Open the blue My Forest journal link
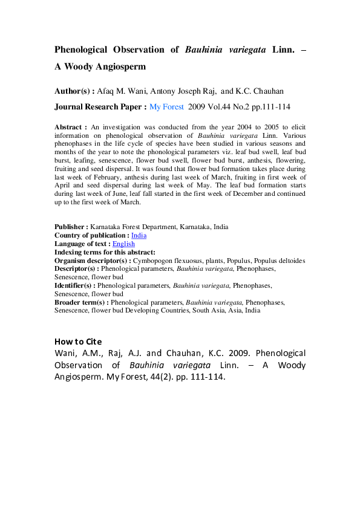pos(167,106)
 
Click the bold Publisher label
pos(71,227)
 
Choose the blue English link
pos(123,244)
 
